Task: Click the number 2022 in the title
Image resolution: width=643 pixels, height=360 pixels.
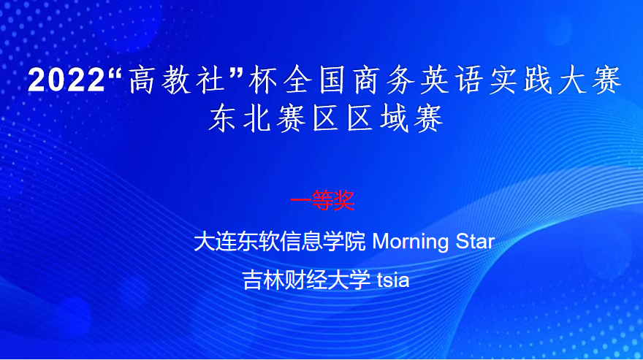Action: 66,80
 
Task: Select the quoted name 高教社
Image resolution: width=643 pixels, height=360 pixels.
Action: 176,80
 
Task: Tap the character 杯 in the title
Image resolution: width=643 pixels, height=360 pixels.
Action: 262,80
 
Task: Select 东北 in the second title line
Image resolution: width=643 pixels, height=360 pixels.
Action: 239,118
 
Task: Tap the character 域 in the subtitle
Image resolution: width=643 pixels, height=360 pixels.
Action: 394,118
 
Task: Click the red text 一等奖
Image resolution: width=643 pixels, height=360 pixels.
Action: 322,201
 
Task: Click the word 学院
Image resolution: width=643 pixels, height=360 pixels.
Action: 343,241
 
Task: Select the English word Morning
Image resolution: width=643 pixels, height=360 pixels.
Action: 411,242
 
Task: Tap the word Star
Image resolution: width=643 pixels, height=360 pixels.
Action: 475,241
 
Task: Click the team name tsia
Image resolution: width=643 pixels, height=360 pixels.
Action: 393,280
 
